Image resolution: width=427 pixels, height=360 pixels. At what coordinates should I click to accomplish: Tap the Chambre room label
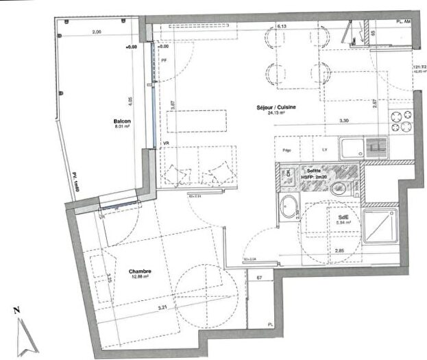point(140,272)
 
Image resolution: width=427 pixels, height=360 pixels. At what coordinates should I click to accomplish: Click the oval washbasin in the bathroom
point(290,206)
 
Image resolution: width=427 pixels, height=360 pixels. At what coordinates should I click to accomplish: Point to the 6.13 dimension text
point(281,26)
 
